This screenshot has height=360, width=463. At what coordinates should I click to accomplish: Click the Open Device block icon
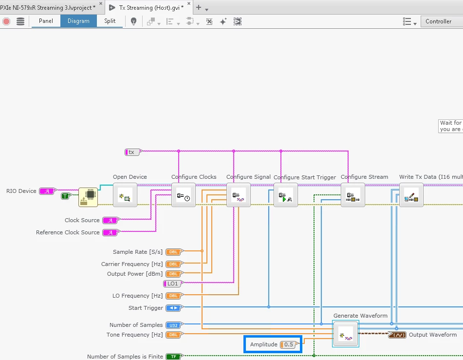[x=125, y=195]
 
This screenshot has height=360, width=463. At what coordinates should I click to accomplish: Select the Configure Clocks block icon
[x=183, y=195]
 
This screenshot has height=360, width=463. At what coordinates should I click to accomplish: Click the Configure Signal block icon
[x=238, y=195]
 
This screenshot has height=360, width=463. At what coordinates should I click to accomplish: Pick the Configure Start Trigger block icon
[x=285, y=195]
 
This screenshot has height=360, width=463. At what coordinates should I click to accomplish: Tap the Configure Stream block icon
[x=352, y=195]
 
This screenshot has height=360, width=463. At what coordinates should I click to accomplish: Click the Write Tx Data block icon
[x=411, y=195]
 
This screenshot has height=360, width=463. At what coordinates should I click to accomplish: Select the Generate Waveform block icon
[x=346, y=334]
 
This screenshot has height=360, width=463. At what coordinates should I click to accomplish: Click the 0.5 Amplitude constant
[x=288, y=344]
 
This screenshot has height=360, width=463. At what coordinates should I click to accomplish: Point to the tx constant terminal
[x=132, y=152]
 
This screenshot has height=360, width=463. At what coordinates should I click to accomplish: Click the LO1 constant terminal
[x=173, y=284]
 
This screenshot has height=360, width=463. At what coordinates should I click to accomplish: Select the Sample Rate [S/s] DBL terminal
[x=174, y=252]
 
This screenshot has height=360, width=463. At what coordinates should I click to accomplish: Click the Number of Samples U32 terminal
[x=173, y=325]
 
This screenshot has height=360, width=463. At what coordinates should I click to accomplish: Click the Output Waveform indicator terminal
[x=397, y=335]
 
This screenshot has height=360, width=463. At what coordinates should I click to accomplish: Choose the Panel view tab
[x=46, y=21]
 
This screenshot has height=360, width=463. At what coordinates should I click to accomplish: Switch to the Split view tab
[x=110, y=21]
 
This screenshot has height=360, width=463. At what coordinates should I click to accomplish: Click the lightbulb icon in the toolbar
[x=133, y=21]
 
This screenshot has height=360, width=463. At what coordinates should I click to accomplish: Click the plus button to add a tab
[x=198, y=8]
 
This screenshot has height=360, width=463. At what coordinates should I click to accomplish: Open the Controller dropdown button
[x=441, y=21]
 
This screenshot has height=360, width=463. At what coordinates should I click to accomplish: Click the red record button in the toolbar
[x=6, y=21]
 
